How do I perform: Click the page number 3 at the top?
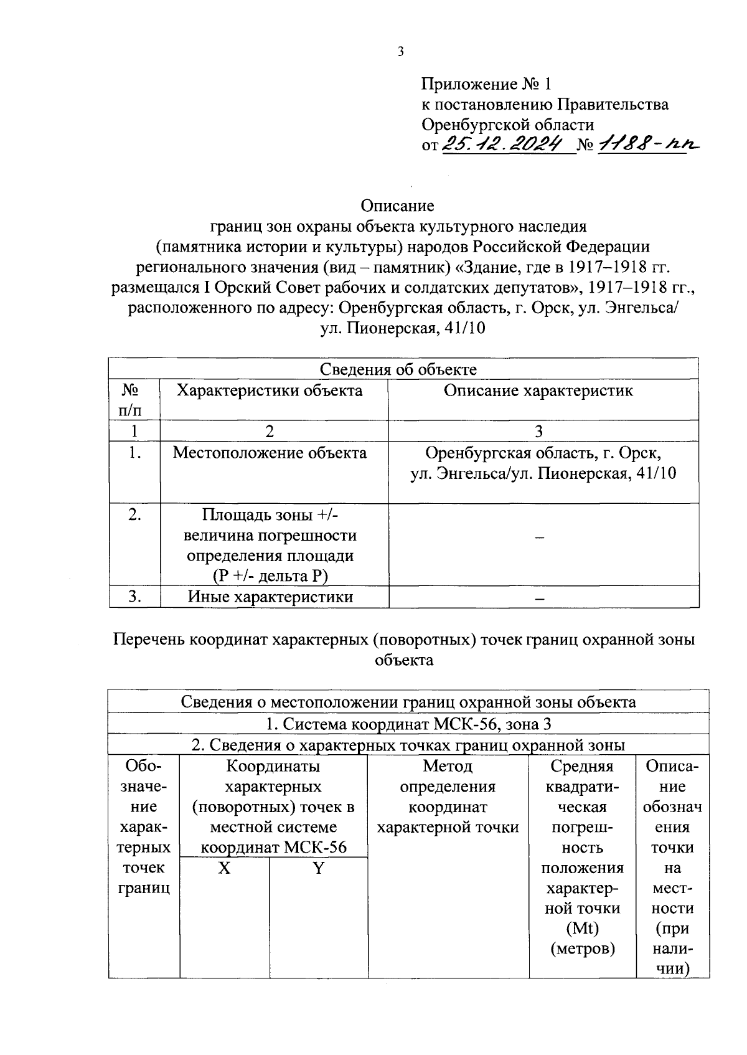tap(400, 52)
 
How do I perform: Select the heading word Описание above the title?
tap(397, 206)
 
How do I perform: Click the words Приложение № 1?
tap(486, 84)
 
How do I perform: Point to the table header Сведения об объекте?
tap(398, 369)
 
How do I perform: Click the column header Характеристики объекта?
tap(270, 390)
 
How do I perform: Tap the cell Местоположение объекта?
tap(270, 453)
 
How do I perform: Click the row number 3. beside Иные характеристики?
tap(134, 597)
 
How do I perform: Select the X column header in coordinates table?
tap(224, 868)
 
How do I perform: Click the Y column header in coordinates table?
tap(318, 868)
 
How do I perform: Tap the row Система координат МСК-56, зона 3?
tap(408, 724)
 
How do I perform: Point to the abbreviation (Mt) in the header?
tap(583, 929)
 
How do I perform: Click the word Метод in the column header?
tap(448, 766)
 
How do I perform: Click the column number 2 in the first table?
tap(269, 431)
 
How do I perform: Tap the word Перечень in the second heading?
tap(149, 640)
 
